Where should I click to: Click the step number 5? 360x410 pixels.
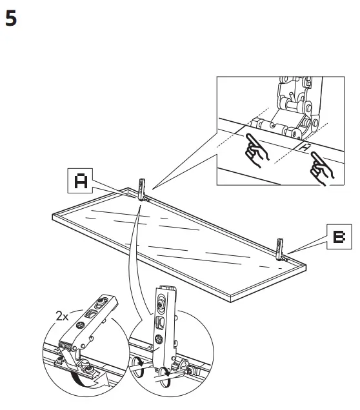pyautogui.click(x=11, y=19)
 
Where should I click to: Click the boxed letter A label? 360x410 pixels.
pyautogui.click(x=81, y=181)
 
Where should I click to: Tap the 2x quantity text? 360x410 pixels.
pyautogui.click(x=64, y=317)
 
